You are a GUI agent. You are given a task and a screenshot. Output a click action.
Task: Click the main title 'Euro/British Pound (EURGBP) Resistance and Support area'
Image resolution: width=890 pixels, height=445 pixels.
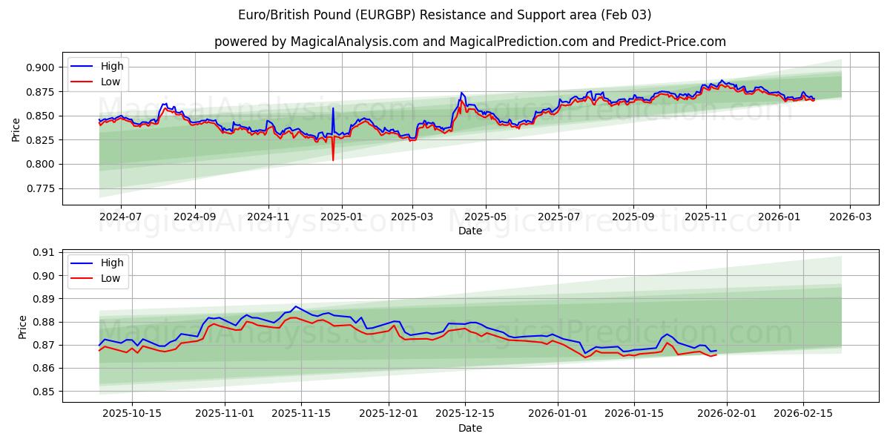coord(445,15)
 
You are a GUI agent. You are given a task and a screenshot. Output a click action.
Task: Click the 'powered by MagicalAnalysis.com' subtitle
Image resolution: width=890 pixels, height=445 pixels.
coord(470,42)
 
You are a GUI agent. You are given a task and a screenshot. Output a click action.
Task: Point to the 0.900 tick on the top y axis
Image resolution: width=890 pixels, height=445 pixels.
coord(41,67)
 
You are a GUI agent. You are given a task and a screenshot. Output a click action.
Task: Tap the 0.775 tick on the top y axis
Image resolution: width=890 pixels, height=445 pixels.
coord(41,188)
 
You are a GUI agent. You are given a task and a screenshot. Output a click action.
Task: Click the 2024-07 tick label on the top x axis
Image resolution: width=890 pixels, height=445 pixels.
coord(120,217)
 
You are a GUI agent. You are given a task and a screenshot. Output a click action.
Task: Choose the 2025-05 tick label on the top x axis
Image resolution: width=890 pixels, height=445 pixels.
coord(486,217)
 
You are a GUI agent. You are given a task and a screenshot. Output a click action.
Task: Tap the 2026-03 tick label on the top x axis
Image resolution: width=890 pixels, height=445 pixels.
coord(849,217)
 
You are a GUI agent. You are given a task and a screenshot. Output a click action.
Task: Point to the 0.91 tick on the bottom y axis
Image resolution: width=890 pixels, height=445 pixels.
coord(44,252)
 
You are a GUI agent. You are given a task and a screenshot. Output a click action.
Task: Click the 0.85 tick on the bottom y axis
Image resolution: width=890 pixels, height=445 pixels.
coord(44,392)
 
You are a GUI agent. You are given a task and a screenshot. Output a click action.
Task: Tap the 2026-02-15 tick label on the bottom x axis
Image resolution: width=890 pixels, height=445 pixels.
coord(803,414)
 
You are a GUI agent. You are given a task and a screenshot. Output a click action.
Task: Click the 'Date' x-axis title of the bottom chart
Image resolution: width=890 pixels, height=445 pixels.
coord(470,428)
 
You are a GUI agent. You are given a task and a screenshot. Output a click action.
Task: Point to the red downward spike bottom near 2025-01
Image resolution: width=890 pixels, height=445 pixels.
coord(333,159)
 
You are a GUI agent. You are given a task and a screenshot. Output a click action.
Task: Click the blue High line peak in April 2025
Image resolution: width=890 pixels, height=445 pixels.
coord(461,93)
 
